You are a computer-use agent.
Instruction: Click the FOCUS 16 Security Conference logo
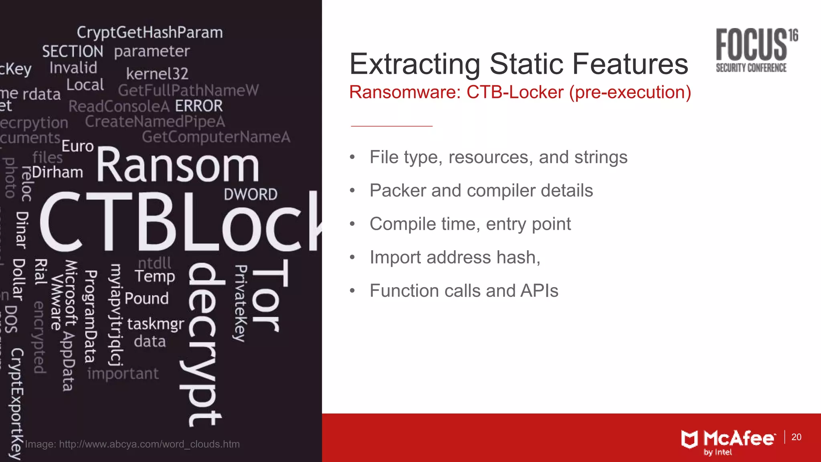[x=756, y=50]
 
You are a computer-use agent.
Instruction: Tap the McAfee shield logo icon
[x=690, y=440]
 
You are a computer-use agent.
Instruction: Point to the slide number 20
[x=796, y=437]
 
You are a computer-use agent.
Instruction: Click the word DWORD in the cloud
[x=251, y=195]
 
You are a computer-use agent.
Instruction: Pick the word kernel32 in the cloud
[x=157, y=74]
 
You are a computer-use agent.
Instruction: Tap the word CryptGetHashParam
[x=150, y=32]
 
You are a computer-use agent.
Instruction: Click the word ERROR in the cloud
[x=198, y=106]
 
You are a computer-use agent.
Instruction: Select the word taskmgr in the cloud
[x=156, y=324]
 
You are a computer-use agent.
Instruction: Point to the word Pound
[x=146, y=299]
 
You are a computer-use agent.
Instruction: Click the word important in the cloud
[x=123, y=374]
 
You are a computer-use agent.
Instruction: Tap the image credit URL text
[x=132, y=444]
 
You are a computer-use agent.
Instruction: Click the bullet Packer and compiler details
[x=481, y=190]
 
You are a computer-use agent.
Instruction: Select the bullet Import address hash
[x=455, y=257]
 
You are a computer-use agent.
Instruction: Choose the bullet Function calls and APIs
[x=464, y=291]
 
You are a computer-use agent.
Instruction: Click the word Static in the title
[x=526, y=64]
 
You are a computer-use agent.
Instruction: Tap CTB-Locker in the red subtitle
[x=515, y=92]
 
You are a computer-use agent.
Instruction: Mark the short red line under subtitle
[x=392, y=126]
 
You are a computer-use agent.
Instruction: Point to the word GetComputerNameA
[x=216, y=137]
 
